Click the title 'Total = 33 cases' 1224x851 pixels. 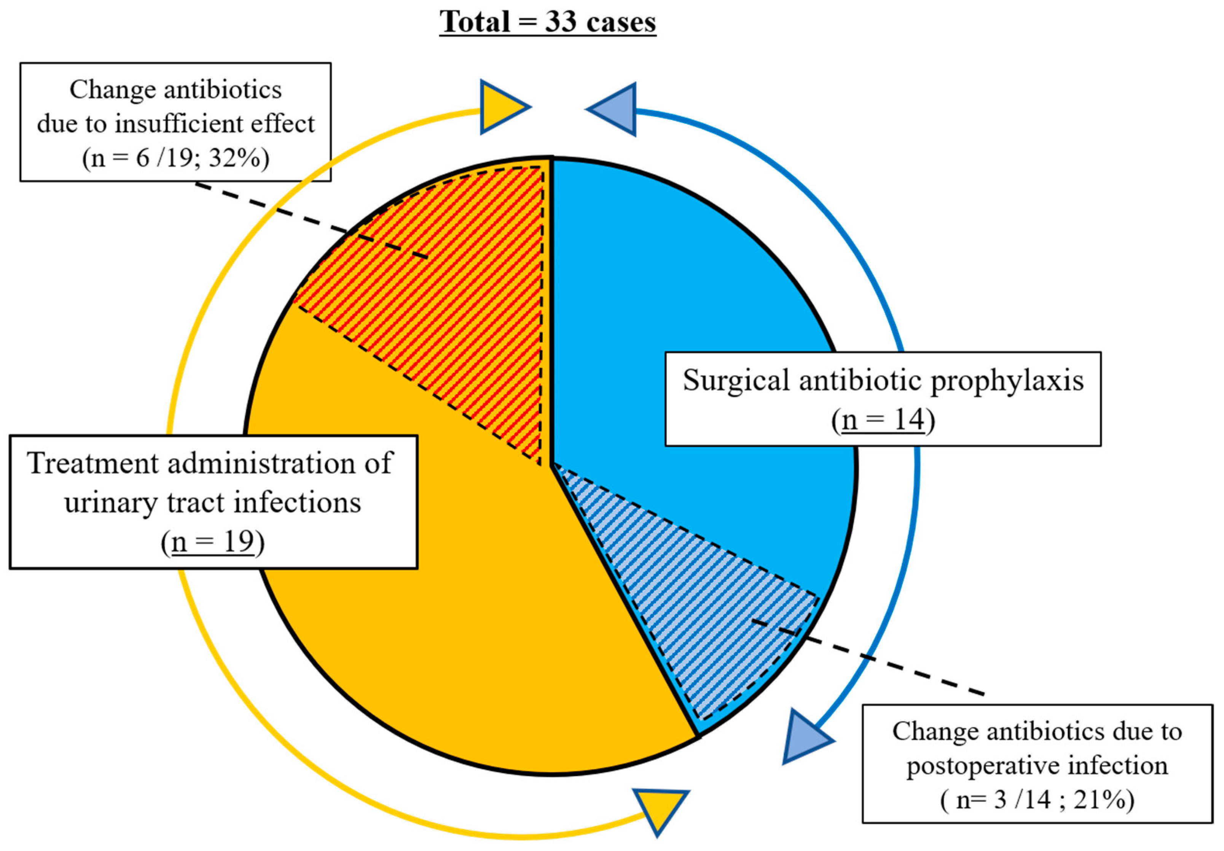547,22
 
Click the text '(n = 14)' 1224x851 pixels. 883,420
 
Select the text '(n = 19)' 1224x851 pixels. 213,542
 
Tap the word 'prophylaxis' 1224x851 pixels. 1007,381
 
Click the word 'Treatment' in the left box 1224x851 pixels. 93,463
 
